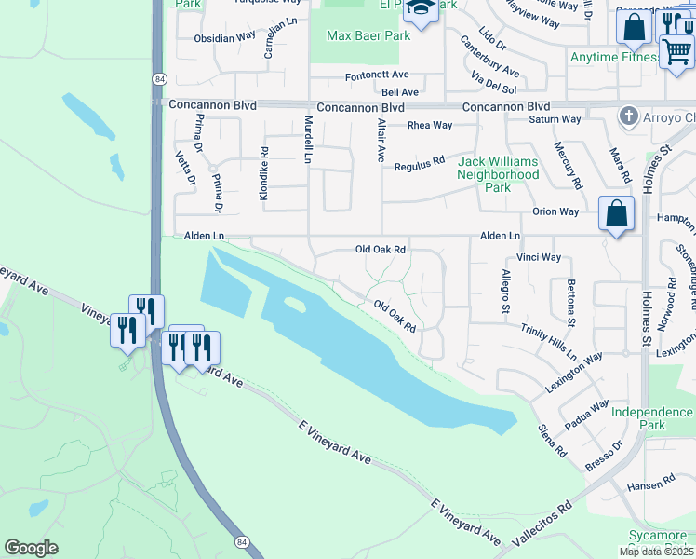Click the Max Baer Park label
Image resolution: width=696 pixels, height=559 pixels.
[368, 36]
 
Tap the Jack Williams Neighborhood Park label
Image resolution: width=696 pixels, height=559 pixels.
[498, 174]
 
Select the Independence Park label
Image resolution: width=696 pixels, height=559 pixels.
[651, 417]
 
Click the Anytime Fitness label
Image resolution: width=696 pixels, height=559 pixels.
[613, 57]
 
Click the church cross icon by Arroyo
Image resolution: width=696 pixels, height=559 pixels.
[630, 116]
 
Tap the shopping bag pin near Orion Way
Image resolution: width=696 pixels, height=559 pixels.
[616, 214]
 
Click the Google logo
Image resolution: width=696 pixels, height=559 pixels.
[31, 548]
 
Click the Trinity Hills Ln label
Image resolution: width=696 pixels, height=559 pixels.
[549, 343]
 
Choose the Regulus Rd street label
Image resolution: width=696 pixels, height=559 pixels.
[420, 164]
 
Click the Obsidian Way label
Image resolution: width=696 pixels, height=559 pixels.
[224, 39]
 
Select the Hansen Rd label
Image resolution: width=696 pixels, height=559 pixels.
[650, 483]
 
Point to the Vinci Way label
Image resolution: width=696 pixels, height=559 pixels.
[539, 257]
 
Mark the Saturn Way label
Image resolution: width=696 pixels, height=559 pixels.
[555, 119]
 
